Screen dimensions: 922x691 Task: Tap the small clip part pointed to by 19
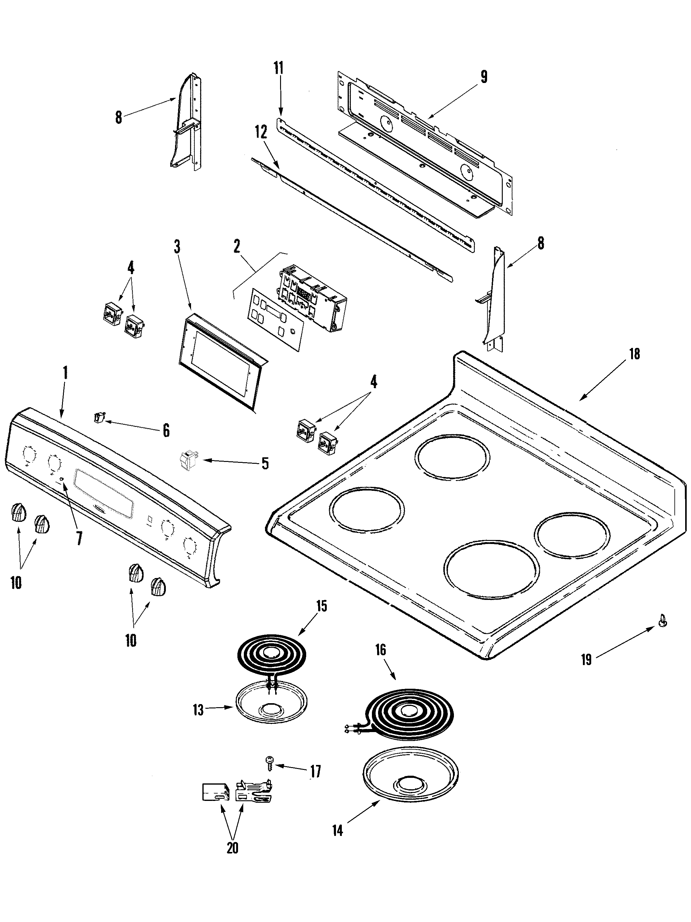(663, 633)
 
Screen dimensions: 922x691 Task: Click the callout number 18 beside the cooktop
(634, 354)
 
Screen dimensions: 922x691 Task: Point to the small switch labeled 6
(99, 416)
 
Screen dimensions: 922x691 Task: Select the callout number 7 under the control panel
(79, 538)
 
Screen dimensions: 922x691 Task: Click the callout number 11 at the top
(278, 68)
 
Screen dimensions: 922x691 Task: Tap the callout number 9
(484, 77)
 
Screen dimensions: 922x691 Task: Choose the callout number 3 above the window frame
(177, 247)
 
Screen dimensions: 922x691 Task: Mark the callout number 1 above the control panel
(65, 372)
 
